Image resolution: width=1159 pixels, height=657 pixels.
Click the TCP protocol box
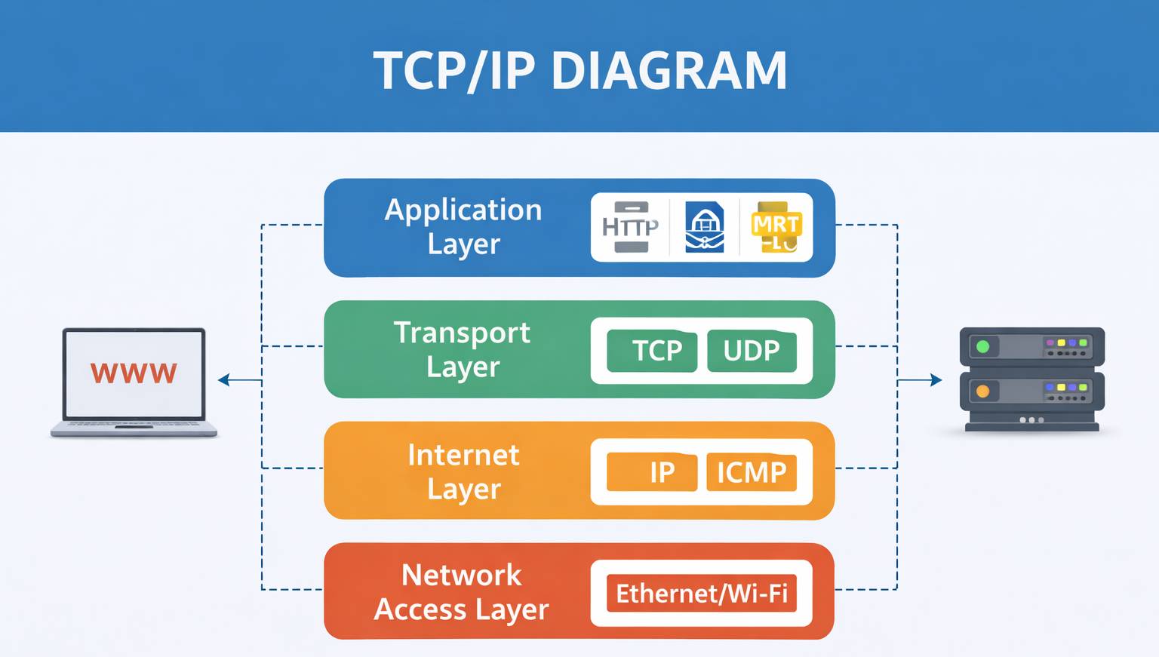point(652,351)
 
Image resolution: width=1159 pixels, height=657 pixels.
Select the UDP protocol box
point(752,351)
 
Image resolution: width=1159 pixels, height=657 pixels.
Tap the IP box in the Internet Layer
point(653,472)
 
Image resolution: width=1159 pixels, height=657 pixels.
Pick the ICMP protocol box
point(752,472)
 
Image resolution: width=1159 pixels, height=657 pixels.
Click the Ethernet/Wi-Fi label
point(702,594)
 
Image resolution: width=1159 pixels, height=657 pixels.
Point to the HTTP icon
point(630,227)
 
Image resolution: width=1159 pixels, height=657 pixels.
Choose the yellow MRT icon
point(776,227)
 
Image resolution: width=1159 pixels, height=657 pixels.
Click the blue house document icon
point(704,227)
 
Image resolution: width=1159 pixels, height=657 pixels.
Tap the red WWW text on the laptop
point(134,373)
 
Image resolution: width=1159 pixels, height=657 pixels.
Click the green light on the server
point(982,347)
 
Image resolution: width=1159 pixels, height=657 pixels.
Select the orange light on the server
point(982,391)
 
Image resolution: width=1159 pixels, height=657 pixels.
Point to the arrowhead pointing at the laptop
point(223,380)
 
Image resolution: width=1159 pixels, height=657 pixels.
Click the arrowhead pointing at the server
point(936,380)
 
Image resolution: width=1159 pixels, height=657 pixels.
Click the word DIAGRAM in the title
point(669,71)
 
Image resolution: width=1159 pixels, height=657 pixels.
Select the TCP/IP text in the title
point(453,71)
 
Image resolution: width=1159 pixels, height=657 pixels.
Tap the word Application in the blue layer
point(463,210)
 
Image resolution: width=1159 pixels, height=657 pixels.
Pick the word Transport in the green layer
point(462,333)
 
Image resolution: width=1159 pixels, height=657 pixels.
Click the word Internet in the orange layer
point(463,455)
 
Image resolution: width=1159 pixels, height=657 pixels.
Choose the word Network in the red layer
point(461,576)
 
